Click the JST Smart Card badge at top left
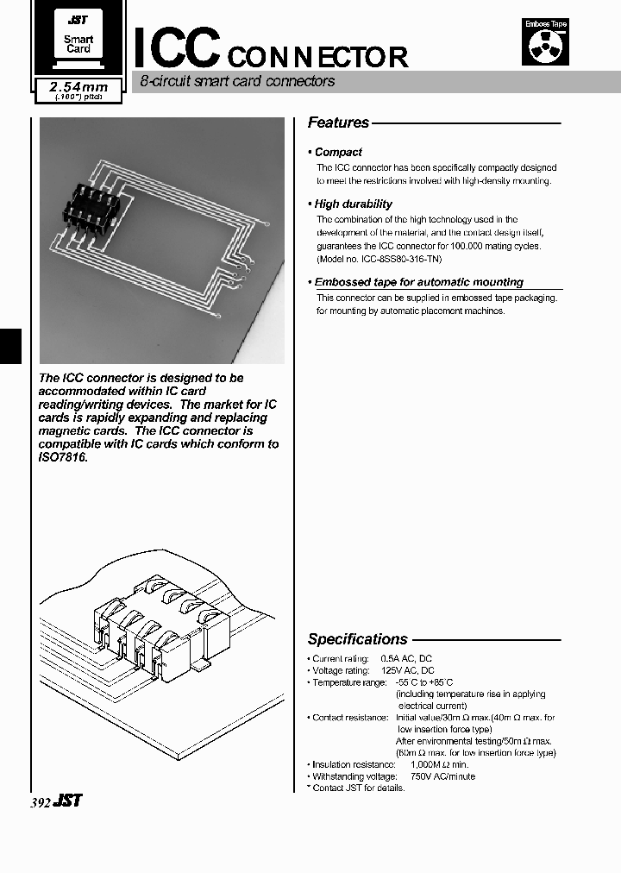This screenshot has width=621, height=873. [x=78, y=38]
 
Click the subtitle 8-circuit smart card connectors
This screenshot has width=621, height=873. [x=237, y=83]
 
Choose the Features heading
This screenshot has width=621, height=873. [x=338, y=123]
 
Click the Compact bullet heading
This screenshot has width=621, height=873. [x=338, y=152]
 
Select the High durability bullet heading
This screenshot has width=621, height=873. [x=353, y=204]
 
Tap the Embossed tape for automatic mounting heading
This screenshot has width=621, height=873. [x=418, y=282]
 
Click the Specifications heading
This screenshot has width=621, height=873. [x=357, y=639]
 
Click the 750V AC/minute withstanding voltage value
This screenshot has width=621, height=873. [x=442, y=776]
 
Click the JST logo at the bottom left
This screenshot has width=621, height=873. [x=67, y=801]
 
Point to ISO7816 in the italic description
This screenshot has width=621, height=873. [x=64, y=457]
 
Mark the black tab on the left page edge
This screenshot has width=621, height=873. [x=8, y=347]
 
